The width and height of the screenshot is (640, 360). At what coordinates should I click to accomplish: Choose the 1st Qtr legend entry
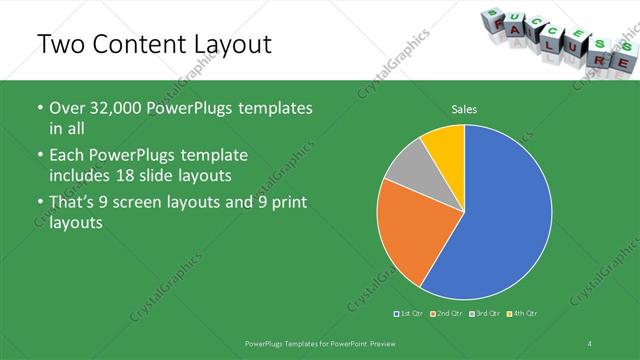point(410,314)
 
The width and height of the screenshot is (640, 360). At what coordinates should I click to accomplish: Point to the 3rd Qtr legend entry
point(486,314)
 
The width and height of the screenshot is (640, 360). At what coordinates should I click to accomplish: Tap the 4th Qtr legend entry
point(524,314)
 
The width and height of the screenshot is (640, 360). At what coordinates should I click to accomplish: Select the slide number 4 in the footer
point(590,344)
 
